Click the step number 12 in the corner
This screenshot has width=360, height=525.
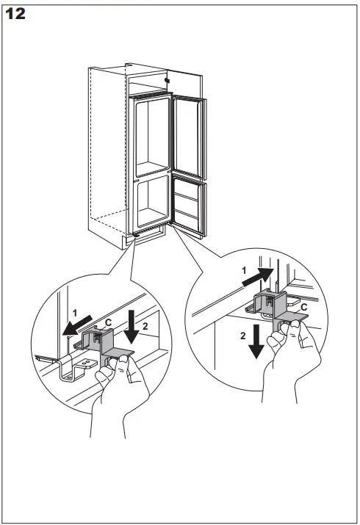coord(16,13)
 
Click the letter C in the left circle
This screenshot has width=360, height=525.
coord(108,322)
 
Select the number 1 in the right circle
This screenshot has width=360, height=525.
coord(245,271)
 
